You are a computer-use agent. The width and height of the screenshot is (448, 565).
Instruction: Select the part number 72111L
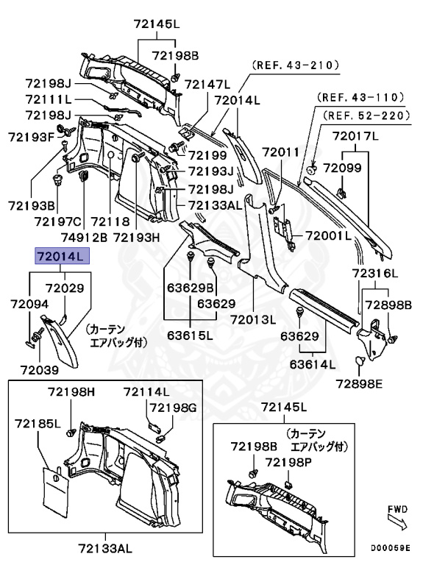pos(49,99)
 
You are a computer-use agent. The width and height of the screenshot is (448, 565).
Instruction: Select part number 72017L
pos(355,136)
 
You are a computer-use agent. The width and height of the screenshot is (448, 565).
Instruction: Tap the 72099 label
pos(343,168)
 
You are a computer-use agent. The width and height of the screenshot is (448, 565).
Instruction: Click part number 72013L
pos(252,319)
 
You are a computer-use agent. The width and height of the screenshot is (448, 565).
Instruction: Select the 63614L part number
pos(312,363)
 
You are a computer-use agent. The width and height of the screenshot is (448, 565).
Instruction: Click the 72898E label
pos(359,383)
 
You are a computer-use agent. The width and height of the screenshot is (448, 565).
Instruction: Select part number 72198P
pos(289,461)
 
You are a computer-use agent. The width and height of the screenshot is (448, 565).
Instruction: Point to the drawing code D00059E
pos(391,548)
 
